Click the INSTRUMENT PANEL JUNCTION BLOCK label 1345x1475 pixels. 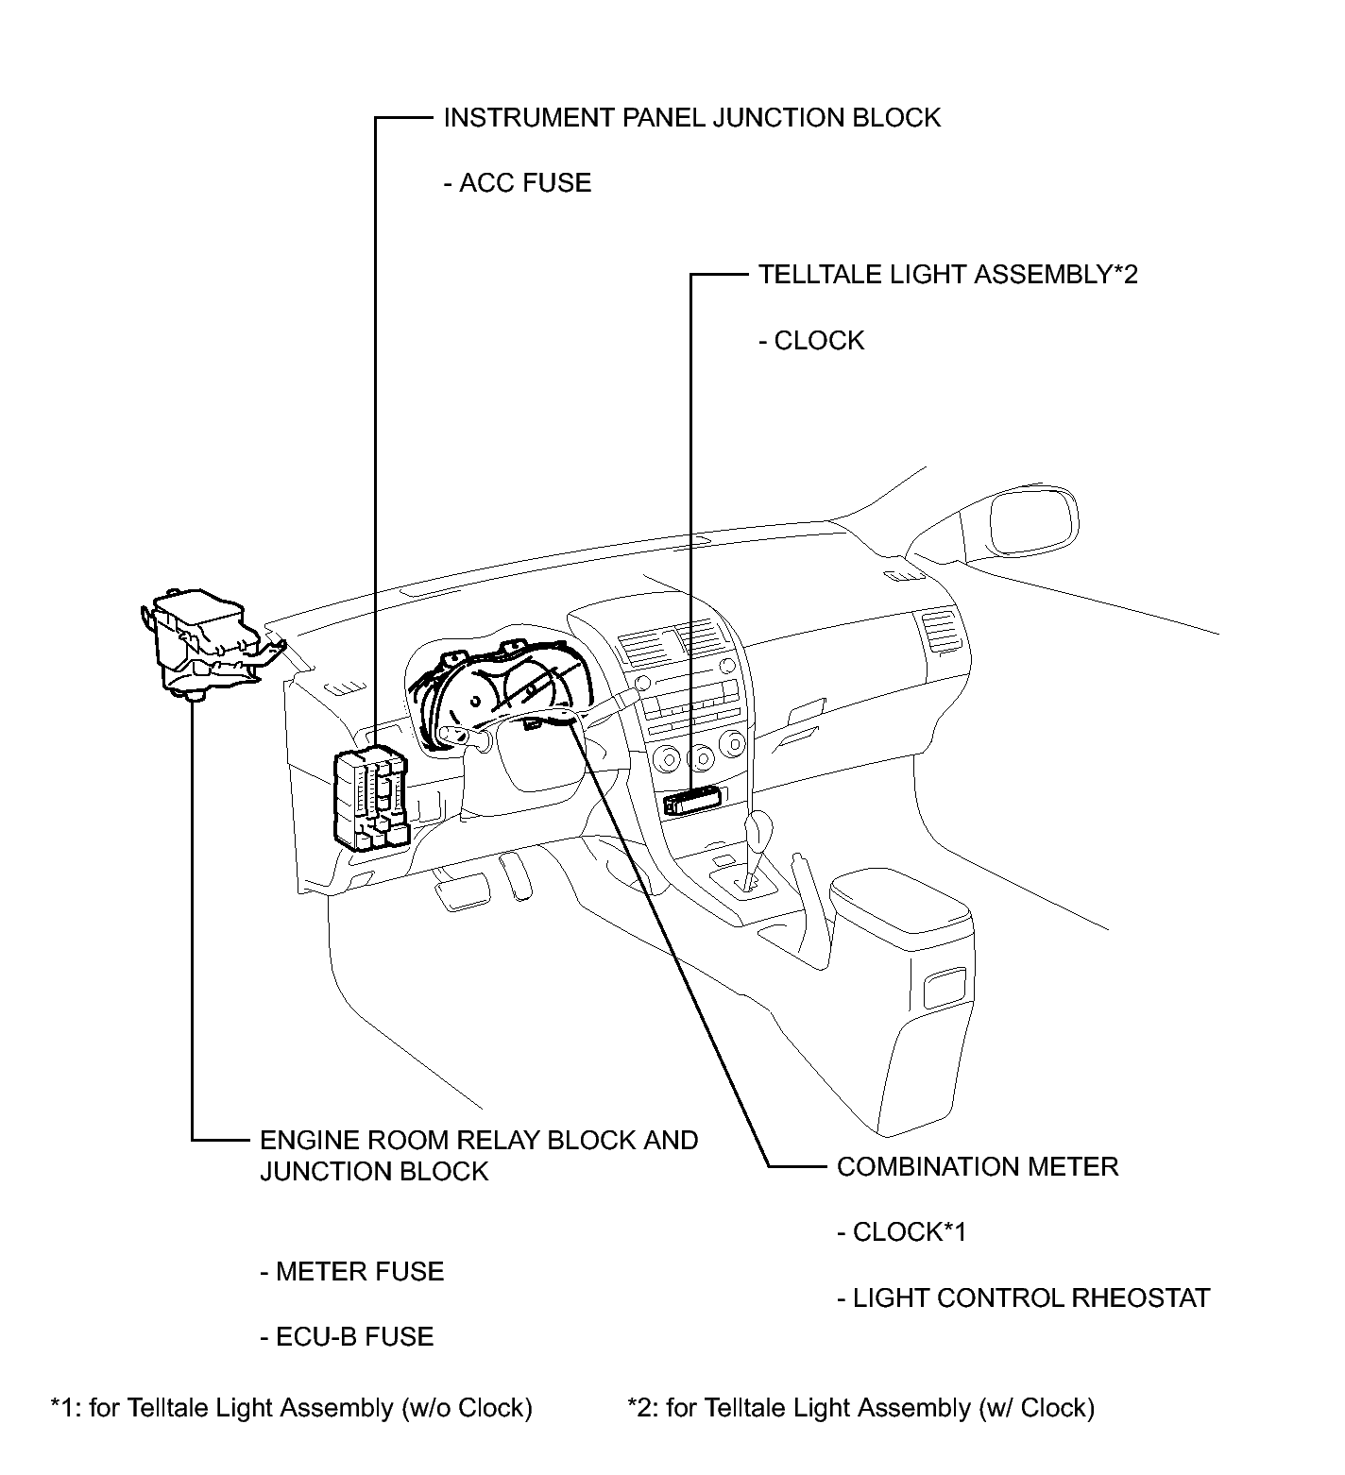(692, 118)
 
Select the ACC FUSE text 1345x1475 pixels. (518, 183)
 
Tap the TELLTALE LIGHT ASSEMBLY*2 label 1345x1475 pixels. (948, 275)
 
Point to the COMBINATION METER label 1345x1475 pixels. (978, 1166)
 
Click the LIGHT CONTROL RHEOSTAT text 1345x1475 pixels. (1024, 1298)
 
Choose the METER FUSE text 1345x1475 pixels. (352, 1272)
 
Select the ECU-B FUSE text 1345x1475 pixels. (347, 1337)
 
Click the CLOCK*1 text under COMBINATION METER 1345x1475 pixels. (902, 1232)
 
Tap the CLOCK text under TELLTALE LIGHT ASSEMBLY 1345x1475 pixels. (811, 341)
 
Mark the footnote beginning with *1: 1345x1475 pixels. (292, 1408)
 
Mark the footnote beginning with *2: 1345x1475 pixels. (860, 1408)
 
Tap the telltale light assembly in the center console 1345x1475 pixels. (693, 801)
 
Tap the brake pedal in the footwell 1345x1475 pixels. (462, 890)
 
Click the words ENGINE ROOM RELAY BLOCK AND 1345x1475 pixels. (479, 1140)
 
